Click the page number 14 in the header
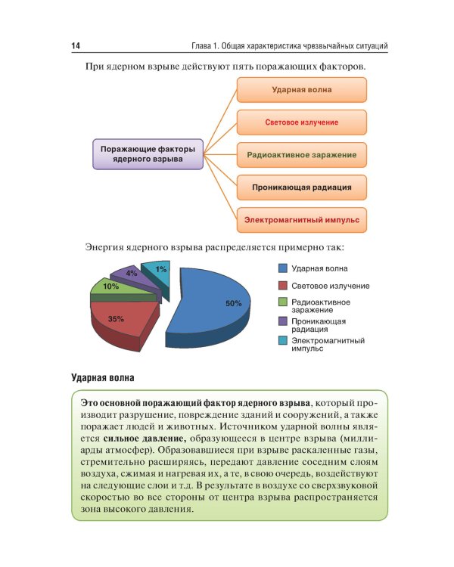[x=76, y=47]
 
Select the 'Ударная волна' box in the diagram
[x=301, y=89]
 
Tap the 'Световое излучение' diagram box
[x=301, y=122]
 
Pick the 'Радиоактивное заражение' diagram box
[x=301, y=154]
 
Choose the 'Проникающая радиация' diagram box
[x=301, y=187]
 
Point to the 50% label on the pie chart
[x=233, y=303]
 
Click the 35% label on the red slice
[x=116, y=319]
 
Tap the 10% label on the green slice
[x=110, y=287]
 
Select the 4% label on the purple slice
[x=132, y=274]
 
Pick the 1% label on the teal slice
[x=161, y=269]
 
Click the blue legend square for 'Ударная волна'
[x=281, y=268]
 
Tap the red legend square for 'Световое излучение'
[x=281, y=285]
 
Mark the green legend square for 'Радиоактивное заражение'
[x=281, y=302]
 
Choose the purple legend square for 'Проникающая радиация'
[x=281, y=321]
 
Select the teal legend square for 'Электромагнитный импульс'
[x=281, y=341]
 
